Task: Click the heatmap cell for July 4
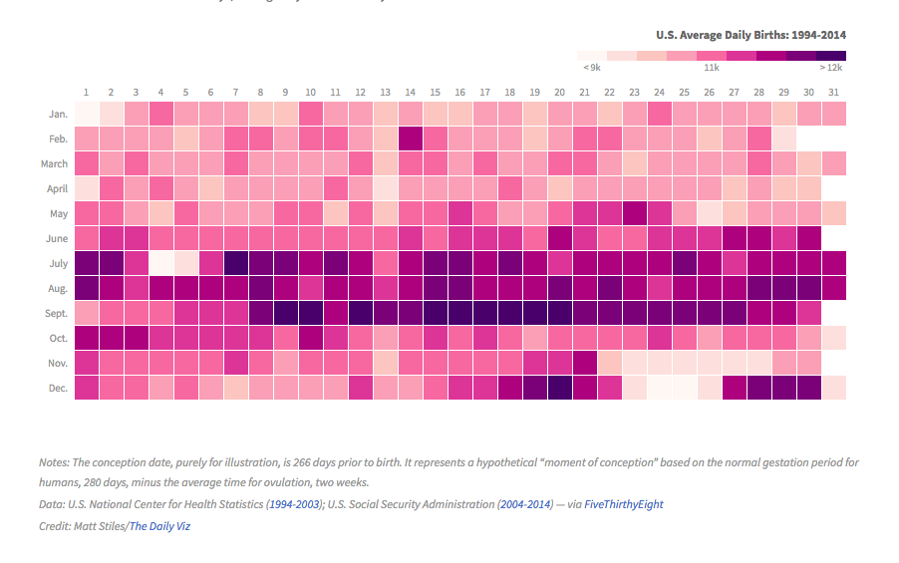160,263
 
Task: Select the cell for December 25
684,388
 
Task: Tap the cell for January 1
86,114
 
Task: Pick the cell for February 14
410,139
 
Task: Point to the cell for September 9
285,313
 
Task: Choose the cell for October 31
833,338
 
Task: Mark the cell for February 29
783,139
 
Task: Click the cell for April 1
86,188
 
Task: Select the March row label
54,163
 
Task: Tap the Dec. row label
57,388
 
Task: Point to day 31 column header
833,92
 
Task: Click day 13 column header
385,92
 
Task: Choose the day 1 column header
86,92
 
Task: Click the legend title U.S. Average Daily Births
750,35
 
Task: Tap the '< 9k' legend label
591,68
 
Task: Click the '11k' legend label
712,68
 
